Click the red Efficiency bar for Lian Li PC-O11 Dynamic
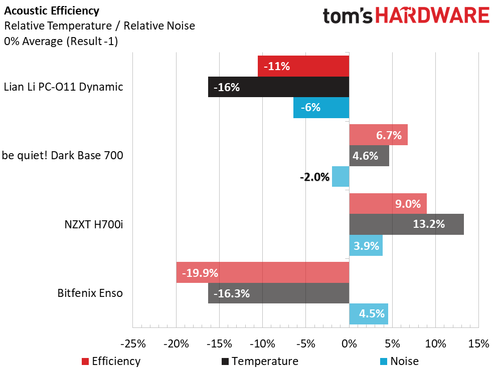303,66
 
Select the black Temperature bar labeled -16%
278,87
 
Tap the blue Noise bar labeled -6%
321,108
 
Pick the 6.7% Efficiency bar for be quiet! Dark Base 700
378,135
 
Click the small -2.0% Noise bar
341,176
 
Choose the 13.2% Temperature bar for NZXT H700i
406,224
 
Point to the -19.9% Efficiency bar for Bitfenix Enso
262,273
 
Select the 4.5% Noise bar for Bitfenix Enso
369,314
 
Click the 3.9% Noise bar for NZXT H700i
366,245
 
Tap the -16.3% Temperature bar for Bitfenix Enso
278,293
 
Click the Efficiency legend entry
111,361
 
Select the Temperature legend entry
259,361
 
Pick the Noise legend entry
399,361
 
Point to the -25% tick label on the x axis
133,344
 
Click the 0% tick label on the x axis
349,344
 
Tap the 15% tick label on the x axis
478,344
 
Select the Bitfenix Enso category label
90,293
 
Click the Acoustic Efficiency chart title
52,11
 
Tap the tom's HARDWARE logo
406,16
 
